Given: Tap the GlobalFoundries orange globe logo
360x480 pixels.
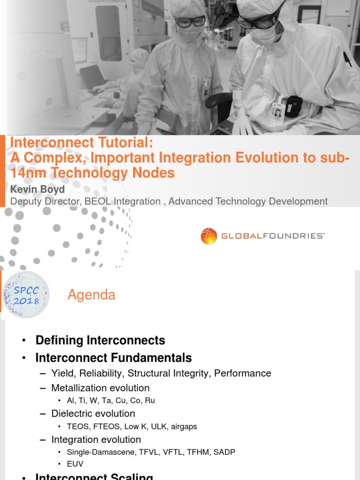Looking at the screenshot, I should coord(209,236).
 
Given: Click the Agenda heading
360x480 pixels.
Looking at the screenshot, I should coord(91,295).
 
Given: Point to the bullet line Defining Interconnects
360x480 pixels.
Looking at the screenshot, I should coord(100,340).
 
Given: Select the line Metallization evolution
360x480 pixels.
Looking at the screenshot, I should coord(100,388).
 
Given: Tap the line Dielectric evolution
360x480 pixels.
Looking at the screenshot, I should coord(93,413).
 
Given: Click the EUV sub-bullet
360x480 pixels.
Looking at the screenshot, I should coord(75,464).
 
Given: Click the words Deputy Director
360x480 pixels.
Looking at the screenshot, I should coord(44,202).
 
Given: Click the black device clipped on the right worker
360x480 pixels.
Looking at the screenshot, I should coord(293,105).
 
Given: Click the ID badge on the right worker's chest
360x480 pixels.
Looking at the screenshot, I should coord(277,111).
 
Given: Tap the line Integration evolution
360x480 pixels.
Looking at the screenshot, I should coord(96,439).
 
